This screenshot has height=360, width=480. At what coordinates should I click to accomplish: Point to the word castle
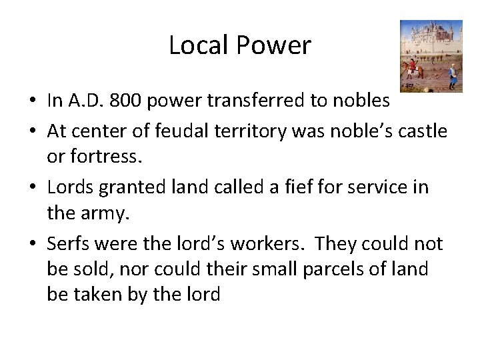pyautogui.click(x=423, y=131)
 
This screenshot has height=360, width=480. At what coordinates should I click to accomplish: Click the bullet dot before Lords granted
pyautogui.click(x=33, y=188)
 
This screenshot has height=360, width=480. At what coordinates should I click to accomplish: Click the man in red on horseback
pyautogui.click(x=411, y=66)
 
